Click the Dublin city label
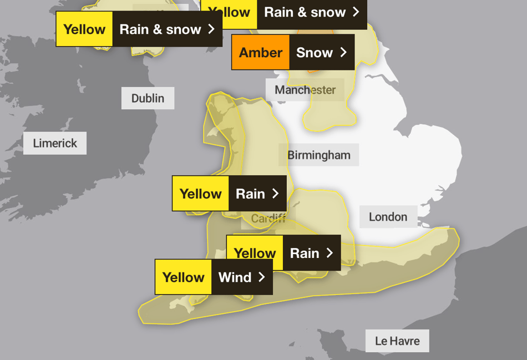click(148, 98)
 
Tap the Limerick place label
click(55, 143)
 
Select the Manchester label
click(305, 90)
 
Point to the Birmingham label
click(318, 155)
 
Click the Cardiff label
click(268, 219)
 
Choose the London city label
click(388, 217)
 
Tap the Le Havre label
click(397, 341)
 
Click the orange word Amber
click(261, 53)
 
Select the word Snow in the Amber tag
click(314, 53)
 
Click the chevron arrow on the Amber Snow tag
click(343, 53)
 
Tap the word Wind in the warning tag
click(235, 277)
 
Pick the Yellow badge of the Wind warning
click(184, 277)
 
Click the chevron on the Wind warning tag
click(261, 277)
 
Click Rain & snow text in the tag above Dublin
click(160, 29)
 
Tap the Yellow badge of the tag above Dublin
click(84, 29)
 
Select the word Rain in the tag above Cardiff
click(250, 194)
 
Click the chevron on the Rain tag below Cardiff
click(330, 253)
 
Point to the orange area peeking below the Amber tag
click(312, 70)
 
